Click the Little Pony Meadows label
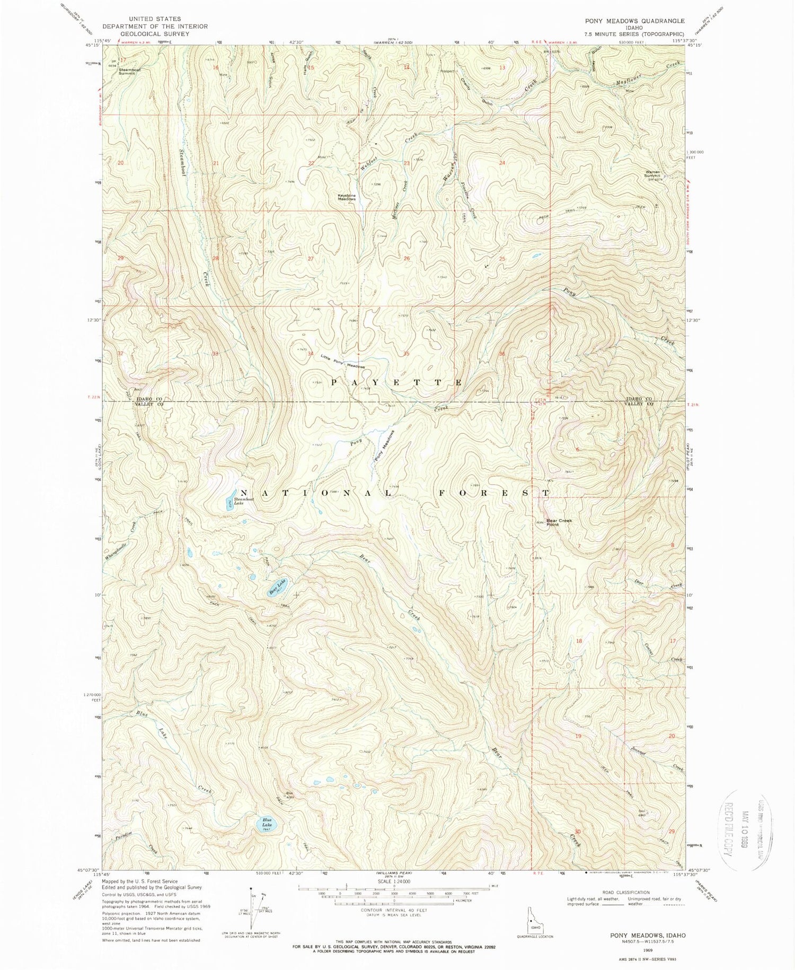342,362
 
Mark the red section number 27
311,258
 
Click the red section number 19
578,736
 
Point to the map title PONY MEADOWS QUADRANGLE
634,21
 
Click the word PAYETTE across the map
397,382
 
